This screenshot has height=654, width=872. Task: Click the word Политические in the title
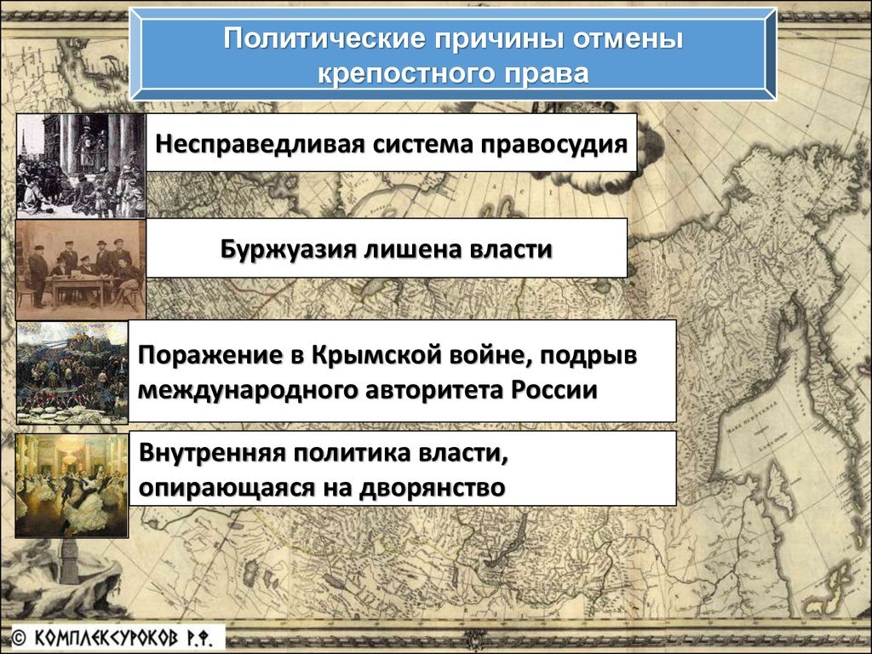pyautogui.click(x=324, y=38)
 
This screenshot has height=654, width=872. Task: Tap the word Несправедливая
pyautogui.click(x=261, y=144)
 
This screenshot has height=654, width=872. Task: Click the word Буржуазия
pyautogui.click(x=288, y=250)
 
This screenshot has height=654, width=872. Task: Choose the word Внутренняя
pyautogui.click(x=212, y=453)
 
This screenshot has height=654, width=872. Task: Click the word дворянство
pyautogui.click(x=432, y=488)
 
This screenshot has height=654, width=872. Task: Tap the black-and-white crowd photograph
pyautogui.click(x=81, y=166)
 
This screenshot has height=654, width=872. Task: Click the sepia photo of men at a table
pyautogui.click(x=81, y=269)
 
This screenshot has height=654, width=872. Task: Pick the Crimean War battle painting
pyautogui.click(x=72, y=373)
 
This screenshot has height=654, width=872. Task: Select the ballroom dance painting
pyautogui.click(x=72, y=485)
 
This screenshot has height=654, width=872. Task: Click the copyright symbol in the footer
pyautogui.click(x=19, y=638)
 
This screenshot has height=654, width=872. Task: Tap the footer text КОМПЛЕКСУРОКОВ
pyautogui.click(x=106, y=638)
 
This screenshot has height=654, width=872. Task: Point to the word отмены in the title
pyautogui.click(x=628, y=38)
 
